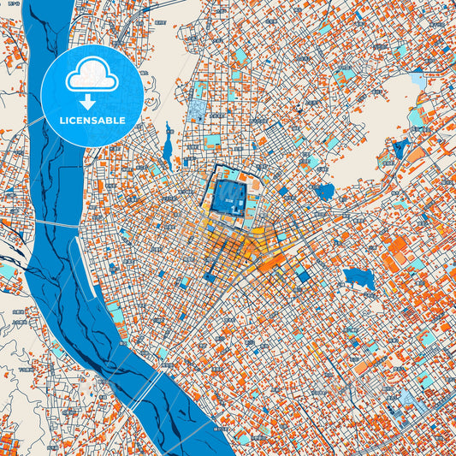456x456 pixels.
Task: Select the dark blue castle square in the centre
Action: pyautogui.click(x=228, y=192)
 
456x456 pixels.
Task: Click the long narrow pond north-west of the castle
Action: pyautogui.click(x=168, y=147)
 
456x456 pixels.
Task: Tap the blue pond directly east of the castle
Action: pyautogui.click(x=325, y=192)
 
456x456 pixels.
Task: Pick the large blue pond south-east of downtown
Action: pyautogui.click(x=358, y=279)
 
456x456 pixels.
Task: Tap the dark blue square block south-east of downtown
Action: pyautogui.click(x=303, y=275)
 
